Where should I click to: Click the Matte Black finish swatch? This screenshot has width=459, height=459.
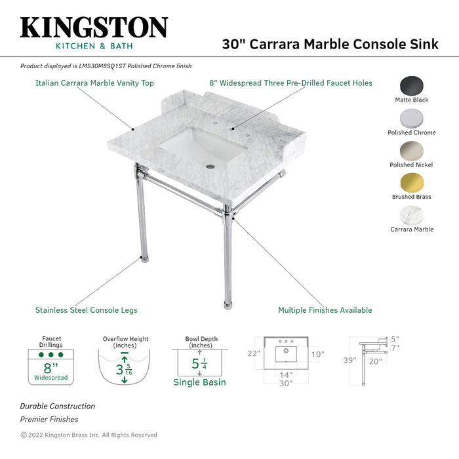pos(412,86)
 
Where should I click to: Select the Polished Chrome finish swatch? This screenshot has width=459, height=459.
pos(412,119)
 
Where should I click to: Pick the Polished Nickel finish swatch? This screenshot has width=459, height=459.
pos(412,150)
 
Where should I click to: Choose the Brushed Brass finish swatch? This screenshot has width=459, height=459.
pos(412,182)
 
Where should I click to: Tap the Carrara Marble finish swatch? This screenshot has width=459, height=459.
pos(412,215)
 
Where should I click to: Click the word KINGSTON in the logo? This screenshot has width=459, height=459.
pos(94,28)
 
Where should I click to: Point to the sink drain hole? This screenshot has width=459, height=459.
pos(209,167)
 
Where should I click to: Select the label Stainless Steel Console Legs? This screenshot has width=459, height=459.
pos(86,310)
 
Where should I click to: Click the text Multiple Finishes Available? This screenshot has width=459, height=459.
pos(325,310)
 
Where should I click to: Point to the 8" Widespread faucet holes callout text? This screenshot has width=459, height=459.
pos(290,83)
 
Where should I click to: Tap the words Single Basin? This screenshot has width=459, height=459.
pos(199,382)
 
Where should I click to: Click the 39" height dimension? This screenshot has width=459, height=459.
pos(349,360)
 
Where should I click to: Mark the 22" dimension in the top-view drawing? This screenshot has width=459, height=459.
pos(254,353)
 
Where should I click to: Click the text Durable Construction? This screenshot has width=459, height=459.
pos(57,407)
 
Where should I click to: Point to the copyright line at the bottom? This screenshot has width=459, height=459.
pos(89,435)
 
